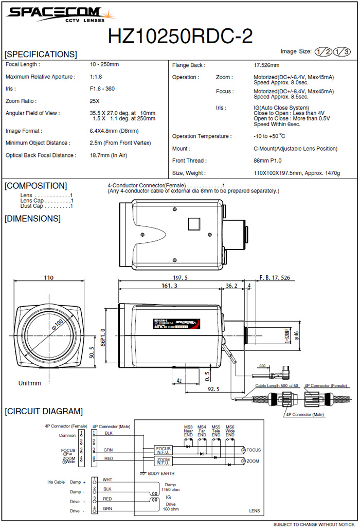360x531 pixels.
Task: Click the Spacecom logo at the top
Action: pos(54,14)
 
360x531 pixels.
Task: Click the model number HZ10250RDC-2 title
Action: pos(180,37)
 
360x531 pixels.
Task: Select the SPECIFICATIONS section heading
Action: pos(41,55)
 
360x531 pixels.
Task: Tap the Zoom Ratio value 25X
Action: pos(95,101)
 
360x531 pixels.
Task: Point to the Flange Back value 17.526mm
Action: pos(266,65)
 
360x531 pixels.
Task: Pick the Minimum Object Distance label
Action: pos(38,143)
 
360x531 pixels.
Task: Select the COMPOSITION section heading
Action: pos(35,186)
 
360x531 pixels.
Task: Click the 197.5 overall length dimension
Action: pos(180,277)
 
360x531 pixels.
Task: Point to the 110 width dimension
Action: pos(48,278)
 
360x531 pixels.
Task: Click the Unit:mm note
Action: pos(29,383)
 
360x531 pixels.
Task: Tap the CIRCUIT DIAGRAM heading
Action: pos(43,411)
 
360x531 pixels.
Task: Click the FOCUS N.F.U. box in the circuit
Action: pos(163,450)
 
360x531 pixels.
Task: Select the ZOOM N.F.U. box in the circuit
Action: pos(163,461)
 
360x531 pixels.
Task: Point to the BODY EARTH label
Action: pos(161,473)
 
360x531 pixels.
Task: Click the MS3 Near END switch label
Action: pos(188,431)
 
